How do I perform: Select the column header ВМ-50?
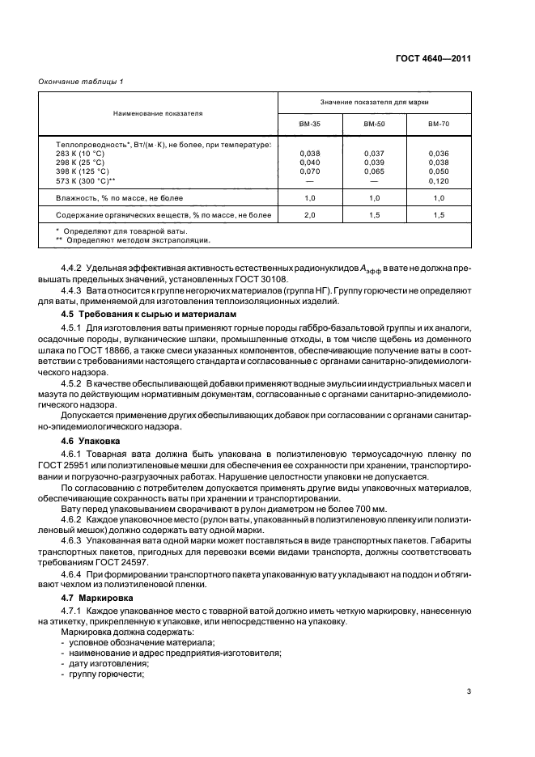pos(374,125)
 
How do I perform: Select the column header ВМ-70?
pos(439,125)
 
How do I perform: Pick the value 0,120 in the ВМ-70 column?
pos(439,181)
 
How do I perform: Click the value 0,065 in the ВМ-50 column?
pos(374,171)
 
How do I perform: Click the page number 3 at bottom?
pos(469,691)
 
